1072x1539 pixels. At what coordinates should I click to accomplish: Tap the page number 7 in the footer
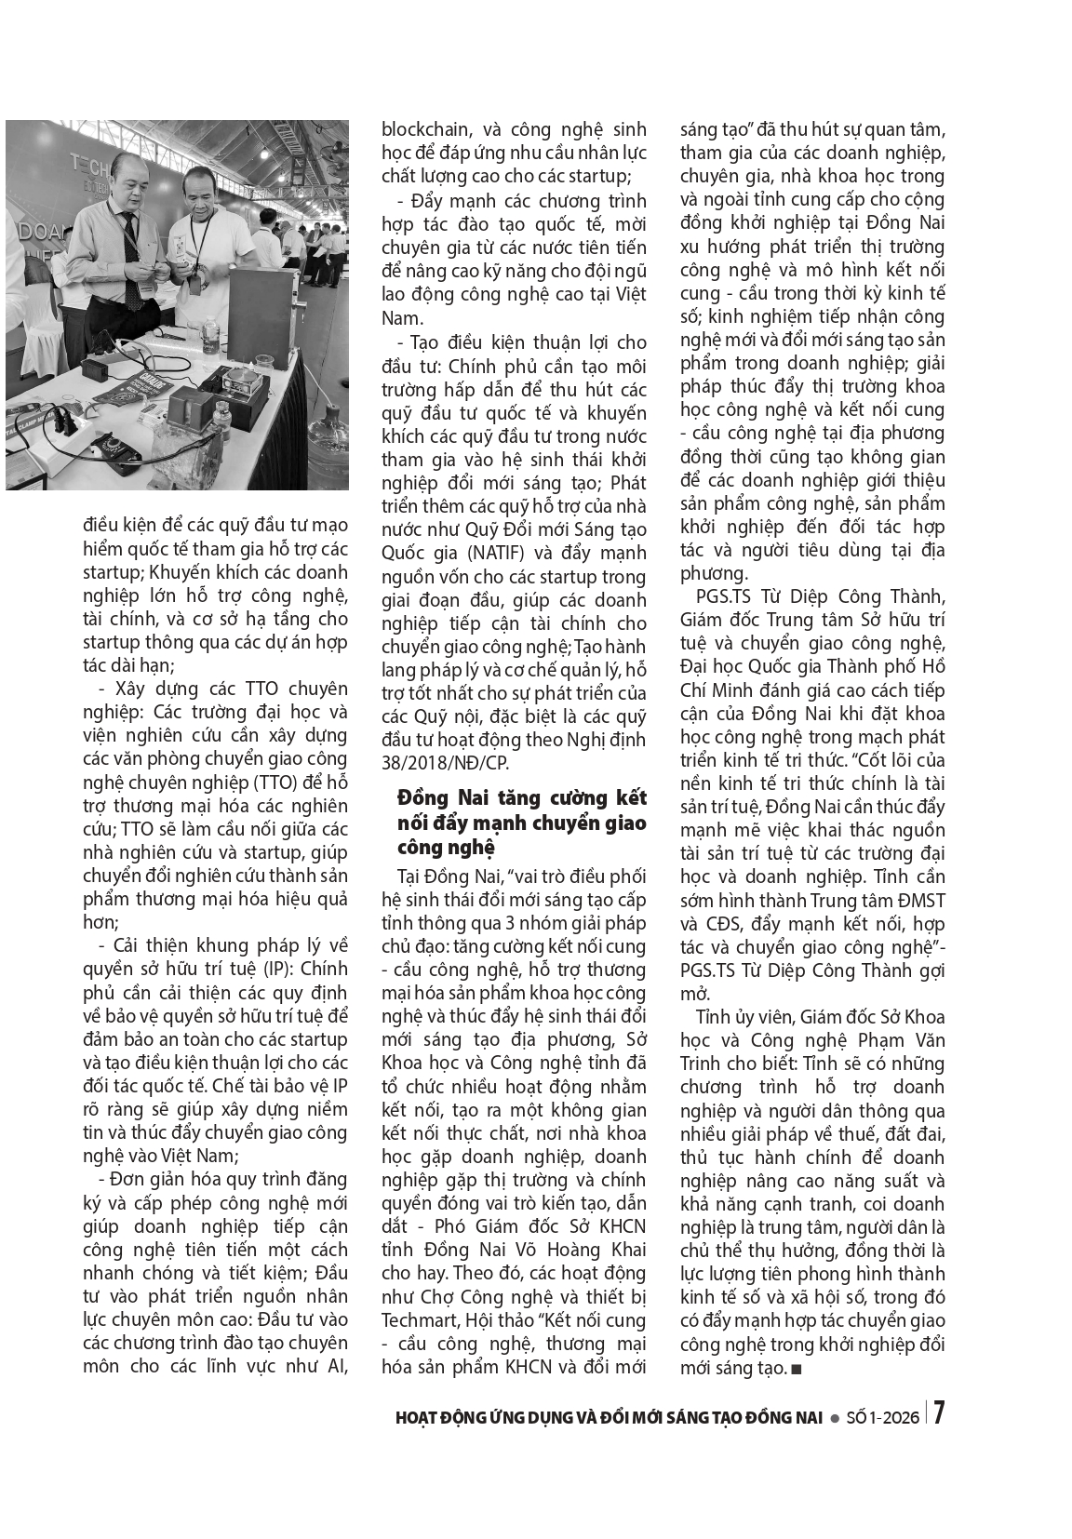940,1414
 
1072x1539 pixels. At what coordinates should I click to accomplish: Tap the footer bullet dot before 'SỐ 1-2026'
835,1418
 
